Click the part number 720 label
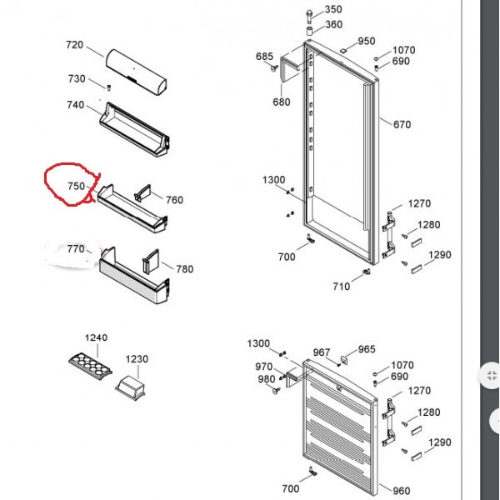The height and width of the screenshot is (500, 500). pyautogui.click(x=75, y=45)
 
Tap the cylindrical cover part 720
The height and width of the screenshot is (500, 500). pyautogui.click(x=136, y=72)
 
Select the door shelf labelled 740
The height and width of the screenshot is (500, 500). pyautogui.click(x=134, y=130)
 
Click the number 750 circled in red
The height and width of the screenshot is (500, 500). pyautogui.click(x=76, y=186)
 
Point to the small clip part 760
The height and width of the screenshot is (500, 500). pyautogui.click(x=142, y=192)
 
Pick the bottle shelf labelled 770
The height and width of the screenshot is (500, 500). pyautogui.click(x=134, y=276)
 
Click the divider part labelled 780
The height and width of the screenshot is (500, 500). pyautogui.click(x=151, y=262)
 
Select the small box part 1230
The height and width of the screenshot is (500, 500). pyautogui.click(x=131, y=387)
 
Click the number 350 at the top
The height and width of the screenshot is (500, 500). pyautogui.click(x=333, y=9)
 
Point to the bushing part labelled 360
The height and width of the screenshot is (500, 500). pyautogui.click(x=310, y=31)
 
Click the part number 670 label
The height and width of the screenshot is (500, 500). pyautogui.click(x=402, y=124)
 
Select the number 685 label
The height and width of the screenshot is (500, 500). pyautogui.click(x=265, y=57)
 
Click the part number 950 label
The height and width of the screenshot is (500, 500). pyautogui.click(x=367, y=41)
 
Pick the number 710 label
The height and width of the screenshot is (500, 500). pyautogui.click(x=342, y=287)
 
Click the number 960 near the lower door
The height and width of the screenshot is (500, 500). pyautogui.click(x=402, y=491)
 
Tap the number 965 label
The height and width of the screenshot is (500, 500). pyautogui.click(x=367, y=349)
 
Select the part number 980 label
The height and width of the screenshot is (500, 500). pyautogui.click(x=267, y=379)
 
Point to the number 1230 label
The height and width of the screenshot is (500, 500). pyautogui.click(x=137, y=359)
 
